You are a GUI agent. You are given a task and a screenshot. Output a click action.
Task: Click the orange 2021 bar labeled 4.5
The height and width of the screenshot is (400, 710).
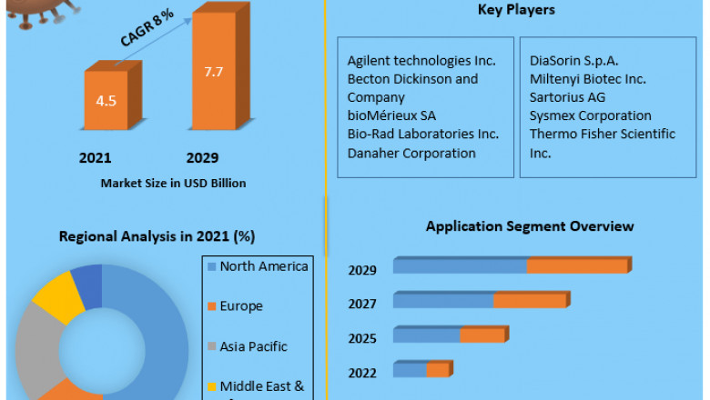[x=106, y=99]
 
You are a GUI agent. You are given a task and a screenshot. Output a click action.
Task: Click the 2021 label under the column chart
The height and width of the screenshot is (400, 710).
[x=96, y=157]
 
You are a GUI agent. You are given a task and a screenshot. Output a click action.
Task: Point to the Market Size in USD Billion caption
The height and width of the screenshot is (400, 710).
[x=173, y=183]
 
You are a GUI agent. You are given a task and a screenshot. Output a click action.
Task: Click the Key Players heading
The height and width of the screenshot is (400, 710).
[x=516, y=10]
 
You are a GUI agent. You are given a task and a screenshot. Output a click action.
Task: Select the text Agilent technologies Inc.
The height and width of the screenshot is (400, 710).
[x=421, y=61]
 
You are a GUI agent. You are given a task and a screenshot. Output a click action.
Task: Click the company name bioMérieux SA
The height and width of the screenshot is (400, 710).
[x=391, y=115]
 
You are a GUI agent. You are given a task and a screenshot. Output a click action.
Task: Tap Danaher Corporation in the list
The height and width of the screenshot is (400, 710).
[x=411, y=153]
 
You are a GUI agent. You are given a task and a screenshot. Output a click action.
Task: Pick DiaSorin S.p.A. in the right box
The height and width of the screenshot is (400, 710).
[x=574, y=61]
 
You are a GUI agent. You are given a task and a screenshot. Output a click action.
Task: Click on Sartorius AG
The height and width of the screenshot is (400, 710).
[x=567, y=97]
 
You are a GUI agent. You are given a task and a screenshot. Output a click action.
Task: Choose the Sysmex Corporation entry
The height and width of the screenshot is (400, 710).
[x=591, y=115]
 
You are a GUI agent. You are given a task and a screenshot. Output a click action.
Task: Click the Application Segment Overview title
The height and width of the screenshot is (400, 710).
[x=530, y=226]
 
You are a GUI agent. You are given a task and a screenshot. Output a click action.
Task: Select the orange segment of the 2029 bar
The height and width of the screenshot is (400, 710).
[x=577, y=265]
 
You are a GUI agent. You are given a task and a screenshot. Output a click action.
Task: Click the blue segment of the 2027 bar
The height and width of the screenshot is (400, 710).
[x=443, y=300]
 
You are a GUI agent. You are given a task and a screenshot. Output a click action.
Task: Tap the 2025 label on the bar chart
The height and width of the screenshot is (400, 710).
[x=362, y=339]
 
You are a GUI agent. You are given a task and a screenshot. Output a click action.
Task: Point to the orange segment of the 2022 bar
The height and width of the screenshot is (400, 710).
[x=438, y=369]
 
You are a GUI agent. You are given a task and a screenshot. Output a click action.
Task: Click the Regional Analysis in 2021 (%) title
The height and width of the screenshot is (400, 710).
[x=157, y=236]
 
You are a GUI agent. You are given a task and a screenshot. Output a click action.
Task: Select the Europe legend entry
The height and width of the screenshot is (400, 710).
[x=241, y=306]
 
